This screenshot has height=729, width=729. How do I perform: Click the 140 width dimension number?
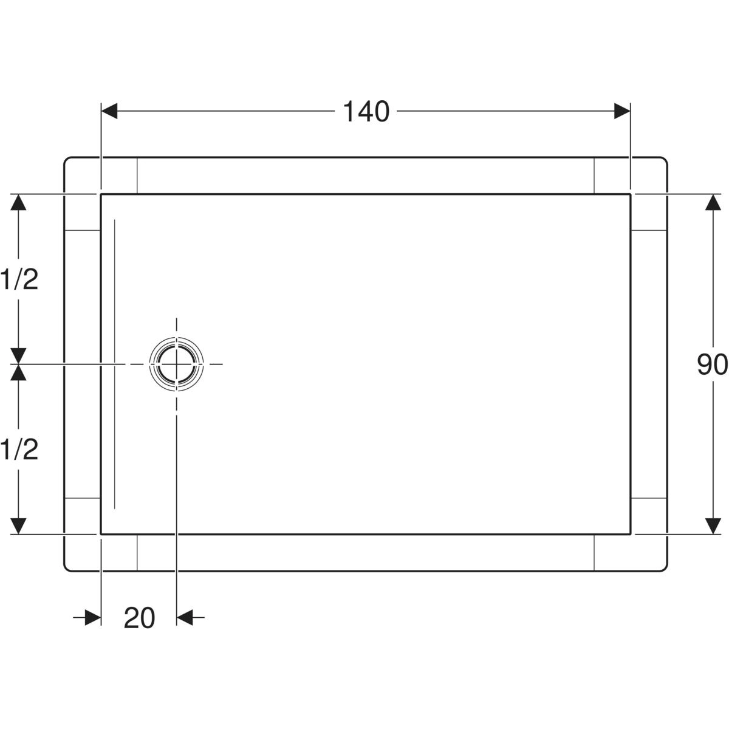[366, 112]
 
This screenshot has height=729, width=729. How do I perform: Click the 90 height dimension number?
[713, 364]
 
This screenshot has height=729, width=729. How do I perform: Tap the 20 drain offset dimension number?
[139, 618]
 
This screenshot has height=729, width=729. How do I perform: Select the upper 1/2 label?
[19, 279]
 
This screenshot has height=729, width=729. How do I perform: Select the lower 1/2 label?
[19, 450]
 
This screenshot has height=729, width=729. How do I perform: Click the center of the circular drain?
[176, 364]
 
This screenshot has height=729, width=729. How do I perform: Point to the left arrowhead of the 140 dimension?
[109, 111]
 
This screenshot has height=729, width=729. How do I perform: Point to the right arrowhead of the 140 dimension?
[622, 111]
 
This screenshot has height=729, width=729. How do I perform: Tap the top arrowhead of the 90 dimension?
[713, 202]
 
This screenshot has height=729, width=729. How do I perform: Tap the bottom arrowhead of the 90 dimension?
[713, 526]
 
